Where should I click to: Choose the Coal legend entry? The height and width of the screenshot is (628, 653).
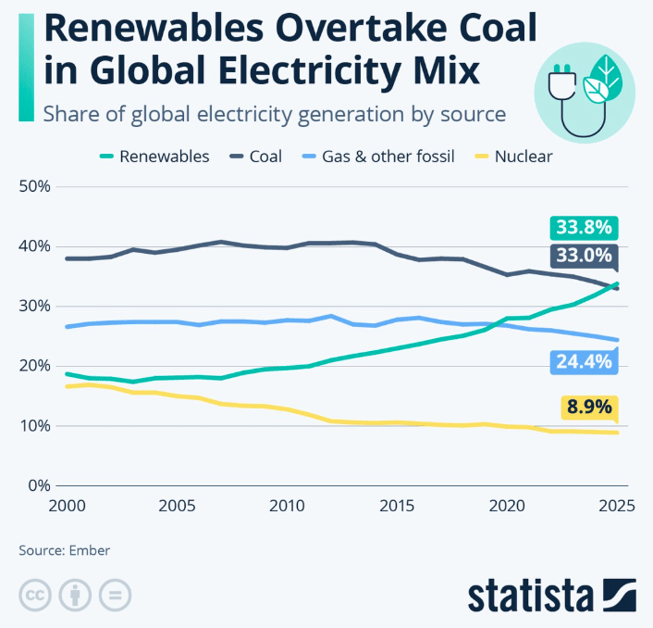[265, 157]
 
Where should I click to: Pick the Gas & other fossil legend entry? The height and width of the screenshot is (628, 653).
[388, 157]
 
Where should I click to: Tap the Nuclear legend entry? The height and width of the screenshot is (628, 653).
[523, 157]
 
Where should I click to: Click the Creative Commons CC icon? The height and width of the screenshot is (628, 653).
[33, 594]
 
